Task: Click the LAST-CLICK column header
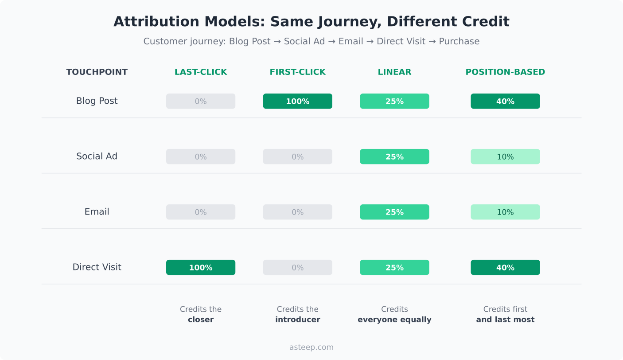point(201,72)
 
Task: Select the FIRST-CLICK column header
point(297,72)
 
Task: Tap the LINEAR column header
point(394,72)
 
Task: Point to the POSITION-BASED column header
point(505,72)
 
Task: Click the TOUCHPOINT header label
point(97,72)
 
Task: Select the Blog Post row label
point(97,101)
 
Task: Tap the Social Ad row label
point(97,157)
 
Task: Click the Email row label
point(97,212)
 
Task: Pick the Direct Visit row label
point(97,267)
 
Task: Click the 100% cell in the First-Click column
point(297,101)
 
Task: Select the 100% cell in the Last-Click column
point(201,267)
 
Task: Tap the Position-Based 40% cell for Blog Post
point(505,101)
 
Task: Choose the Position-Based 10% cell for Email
point(505,212)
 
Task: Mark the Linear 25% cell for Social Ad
point(394,157)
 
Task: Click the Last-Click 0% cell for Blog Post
point(201,101)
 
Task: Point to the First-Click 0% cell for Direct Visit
point(297,267)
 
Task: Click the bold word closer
point(201,320)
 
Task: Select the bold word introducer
point(297,320)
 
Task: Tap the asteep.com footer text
point(311,347)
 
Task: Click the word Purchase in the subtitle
point(459,41)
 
